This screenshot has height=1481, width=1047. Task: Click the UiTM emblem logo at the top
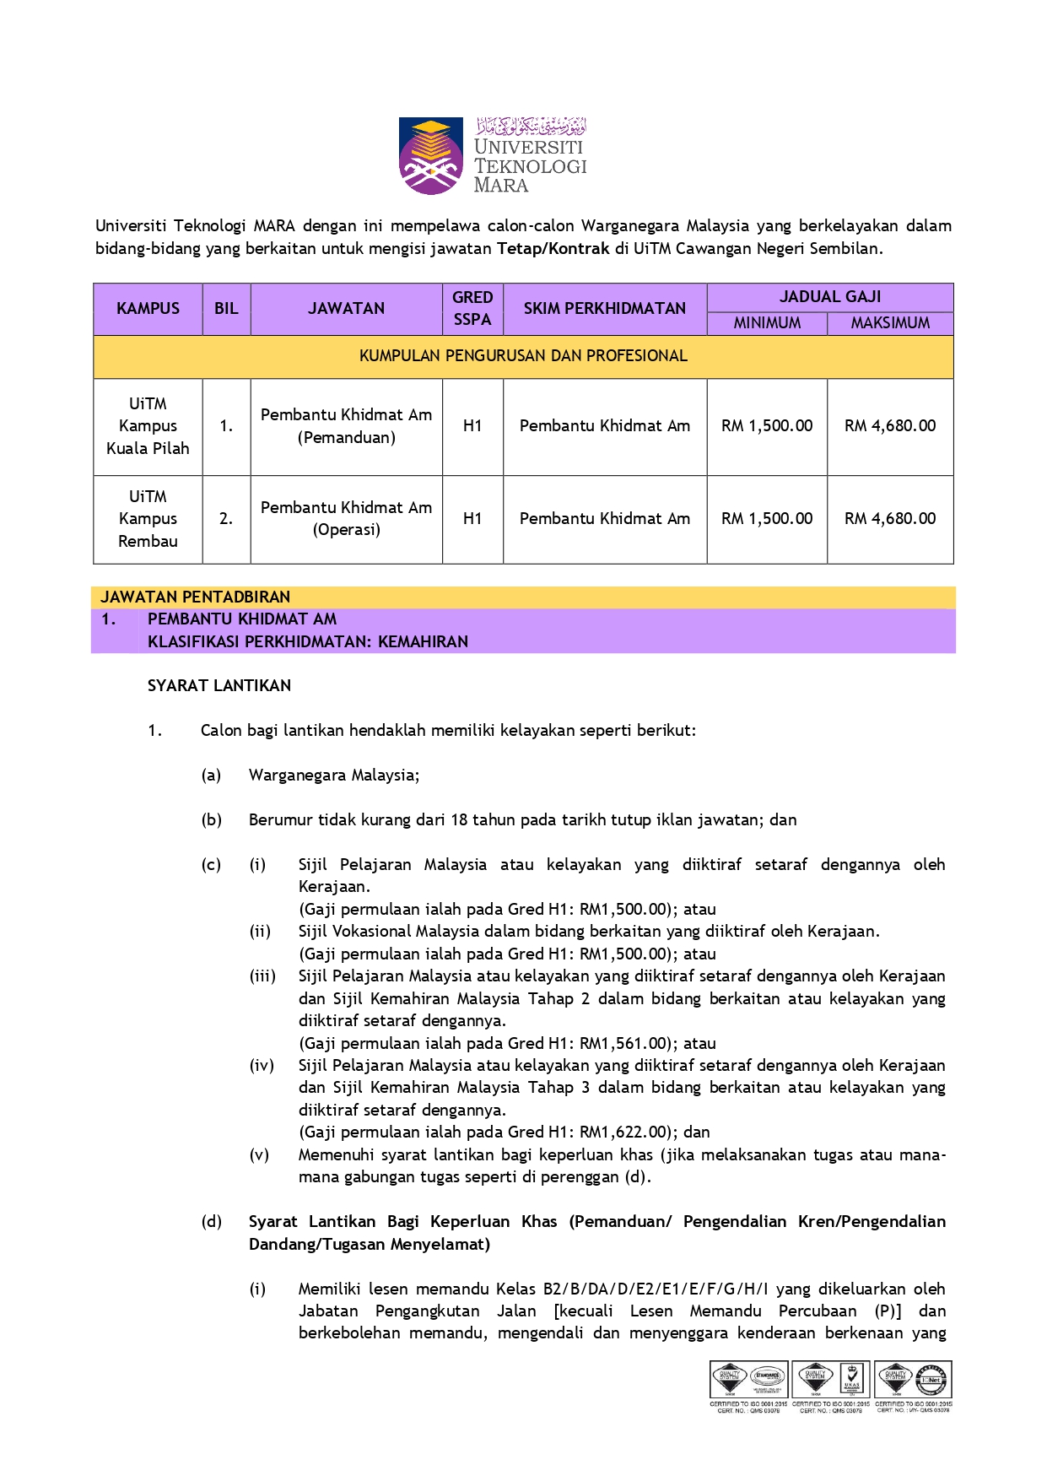click(431, 156)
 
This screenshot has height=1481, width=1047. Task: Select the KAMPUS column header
click(148, 309)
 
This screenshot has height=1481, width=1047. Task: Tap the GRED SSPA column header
click(472, 309)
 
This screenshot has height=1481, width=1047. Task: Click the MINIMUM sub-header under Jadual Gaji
click(767, 323)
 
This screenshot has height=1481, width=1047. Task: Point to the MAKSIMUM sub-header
click(890, 323)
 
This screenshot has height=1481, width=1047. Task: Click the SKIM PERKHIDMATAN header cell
click(605, 309)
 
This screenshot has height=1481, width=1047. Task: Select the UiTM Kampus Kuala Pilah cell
click(148, 426)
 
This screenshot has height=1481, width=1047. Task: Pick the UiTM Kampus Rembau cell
click(148, 519)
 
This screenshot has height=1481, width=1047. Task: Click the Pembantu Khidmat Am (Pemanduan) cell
click(346, 426)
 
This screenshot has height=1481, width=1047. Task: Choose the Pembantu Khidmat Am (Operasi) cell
click(346, 519)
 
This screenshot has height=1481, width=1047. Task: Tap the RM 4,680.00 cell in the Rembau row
click(890, 519)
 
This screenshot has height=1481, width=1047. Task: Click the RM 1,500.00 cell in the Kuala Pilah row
click(767, 426)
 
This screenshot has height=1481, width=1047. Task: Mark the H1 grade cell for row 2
click(472, 519)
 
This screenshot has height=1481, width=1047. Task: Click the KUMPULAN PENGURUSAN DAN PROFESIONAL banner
click(523, 356)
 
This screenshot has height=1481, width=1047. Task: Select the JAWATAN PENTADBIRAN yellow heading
click(196, 597)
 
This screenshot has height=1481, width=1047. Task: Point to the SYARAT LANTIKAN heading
click(219, 686)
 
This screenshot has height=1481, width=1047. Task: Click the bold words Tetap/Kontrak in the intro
click(553, 249)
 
